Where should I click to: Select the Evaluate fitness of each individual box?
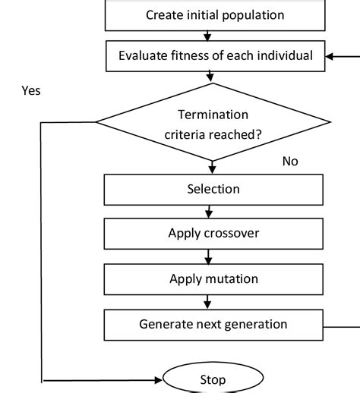(x=215, y=55)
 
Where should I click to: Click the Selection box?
(x=213, y=189)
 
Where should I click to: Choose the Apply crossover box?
(x=213, y=233)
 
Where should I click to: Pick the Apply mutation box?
(x=213, y=278)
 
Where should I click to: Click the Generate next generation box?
(x=213, y=324)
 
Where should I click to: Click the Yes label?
(x=32, y=91)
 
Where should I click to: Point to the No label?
(x=290, y=162)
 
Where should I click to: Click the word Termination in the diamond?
(x=213, y=115)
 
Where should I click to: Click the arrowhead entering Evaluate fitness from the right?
(x=330, y=55)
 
